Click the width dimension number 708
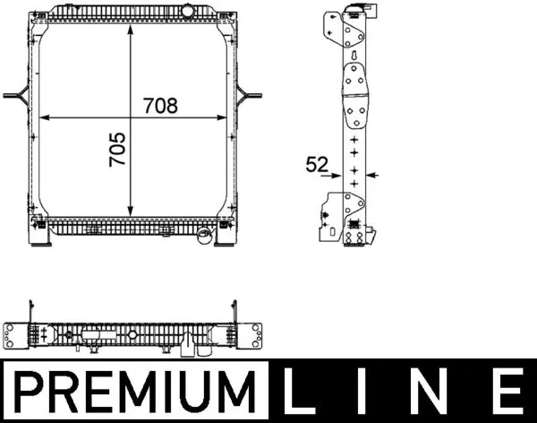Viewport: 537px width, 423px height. point(160,106)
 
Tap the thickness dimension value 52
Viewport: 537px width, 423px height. point(316,164)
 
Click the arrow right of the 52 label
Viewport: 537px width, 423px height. point(373,175)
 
